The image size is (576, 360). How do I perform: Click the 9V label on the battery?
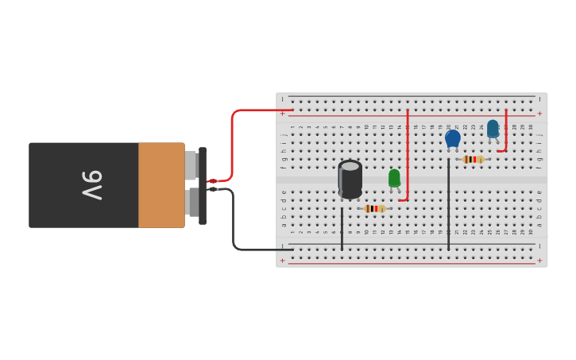click(x=91, y=185)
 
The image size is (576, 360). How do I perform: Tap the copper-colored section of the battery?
click(x=161, y=185)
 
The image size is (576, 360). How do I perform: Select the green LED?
click(x=394, y=179)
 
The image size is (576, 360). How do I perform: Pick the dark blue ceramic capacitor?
click(x=453, y=138)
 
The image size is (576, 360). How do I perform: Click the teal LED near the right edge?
click(x=493, y=128)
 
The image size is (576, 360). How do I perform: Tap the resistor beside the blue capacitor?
click(x=473, y=159)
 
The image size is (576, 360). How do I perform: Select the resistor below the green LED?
click(x=374, y=208)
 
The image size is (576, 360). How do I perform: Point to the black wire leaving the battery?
click(x=234, y=230)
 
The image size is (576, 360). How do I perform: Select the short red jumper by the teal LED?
click(x=505, y=131)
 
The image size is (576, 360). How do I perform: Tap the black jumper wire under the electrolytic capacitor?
click(x=342, y=229)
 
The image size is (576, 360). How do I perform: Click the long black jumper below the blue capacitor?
click(x=448, y=207)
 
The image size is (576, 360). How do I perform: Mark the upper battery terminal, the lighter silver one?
click(x=191, y=165)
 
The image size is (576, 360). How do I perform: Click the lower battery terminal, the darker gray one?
click(x=193, y=202)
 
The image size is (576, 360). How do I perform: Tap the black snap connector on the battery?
click(x=203, y=185)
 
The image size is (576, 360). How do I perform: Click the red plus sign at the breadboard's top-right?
click(x=539, y=113)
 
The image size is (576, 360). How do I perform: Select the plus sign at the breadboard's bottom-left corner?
click(x=282, y=260)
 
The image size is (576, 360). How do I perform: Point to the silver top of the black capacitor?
click(x=350, y=166)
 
